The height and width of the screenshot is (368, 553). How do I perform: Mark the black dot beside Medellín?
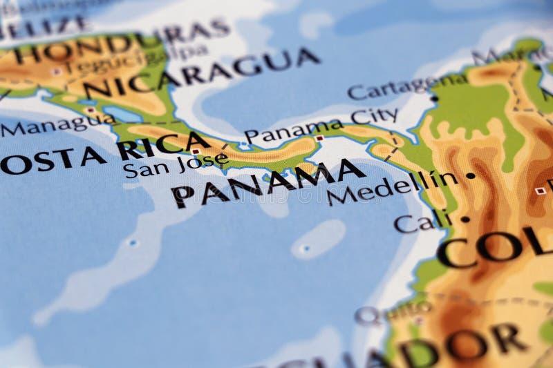[x=471, y=175]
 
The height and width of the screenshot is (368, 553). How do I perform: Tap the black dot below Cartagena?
[x=434, y=99]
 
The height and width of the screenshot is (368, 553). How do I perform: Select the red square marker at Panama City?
[x=319, y=138]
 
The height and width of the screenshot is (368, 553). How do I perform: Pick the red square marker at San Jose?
[x=196, y=151]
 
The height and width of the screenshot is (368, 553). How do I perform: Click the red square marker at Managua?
[x=90, y=110]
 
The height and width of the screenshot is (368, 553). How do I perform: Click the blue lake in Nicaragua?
[x=122, y=114]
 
